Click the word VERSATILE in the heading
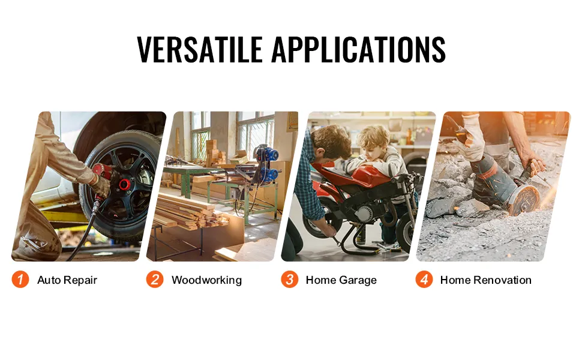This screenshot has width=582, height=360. coord(200,49)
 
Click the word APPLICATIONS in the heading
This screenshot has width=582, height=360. coord(359,49)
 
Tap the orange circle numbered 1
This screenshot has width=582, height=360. coord(20,280)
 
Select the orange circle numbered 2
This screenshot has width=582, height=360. coord(155,280)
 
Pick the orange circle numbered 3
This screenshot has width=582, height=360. coord(290,280)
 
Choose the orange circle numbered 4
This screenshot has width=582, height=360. coord(424,280)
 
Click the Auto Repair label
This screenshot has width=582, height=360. coord(67,280)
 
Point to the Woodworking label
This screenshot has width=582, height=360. coord(207,280)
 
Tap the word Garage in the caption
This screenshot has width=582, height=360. coord(358,280)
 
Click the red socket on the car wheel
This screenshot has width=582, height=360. coord(124,184)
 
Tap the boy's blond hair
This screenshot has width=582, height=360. coord(373,138)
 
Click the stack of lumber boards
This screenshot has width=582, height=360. coord(189,212)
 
